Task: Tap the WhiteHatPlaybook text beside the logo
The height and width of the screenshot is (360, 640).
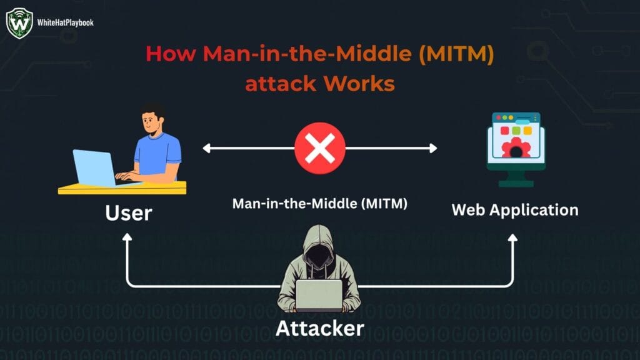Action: [x=65, y=22]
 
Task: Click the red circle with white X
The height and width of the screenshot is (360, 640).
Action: [x=320, y=148]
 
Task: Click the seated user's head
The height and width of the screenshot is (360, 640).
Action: [x=152, y=122]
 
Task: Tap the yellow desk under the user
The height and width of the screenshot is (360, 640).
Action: [x=122, y=187]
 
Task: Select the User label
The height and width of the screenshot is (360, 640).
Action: [x=128, y=212]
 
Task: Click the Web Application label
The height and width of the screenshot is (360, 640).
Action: [x=515, y=209]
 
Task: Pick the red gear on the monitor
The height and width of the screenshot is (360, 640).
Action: [x=517, y=149]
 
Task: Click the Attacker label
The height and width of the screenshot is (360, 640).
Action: [x=319, y=327]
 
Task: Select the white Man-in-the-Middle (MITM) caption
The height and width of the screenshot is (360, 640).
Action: [x=320, y=204]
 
